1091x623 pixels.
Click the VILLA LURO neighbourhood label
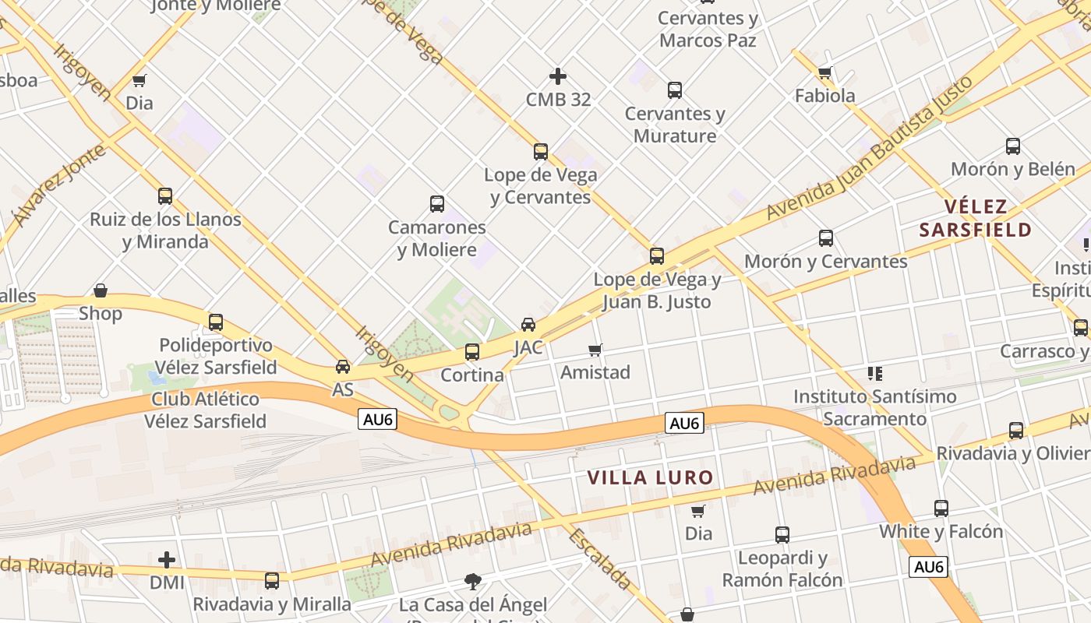coord(650,477)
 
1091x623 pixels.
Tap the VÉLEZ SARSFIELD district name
coord(976,218)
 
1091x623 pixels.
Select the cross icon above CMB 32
coord(558,76)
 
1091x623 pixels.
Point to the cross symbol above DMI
coord(167,560)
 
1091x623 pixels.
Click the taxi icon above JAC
coord(528,324)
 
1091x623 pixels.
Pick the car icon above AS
coord(342,366)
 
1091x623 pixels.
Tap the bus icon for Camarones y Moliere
coord(437,204)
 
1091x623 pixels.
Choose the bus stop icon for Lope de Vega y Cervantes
coord(541,151)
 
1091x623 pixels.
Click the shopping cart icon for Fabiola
coord(825,72)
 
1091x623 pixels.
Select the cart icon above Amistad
coord(595,350)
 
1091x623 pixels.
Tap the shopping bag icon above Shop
coord(101,290)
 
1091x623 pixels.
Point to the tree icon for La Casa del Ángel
coord(472,580)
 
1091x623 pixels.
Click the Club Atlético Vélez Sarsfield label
coord(206,410)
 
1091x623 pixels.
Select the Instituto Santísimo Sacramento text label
coord(874,407)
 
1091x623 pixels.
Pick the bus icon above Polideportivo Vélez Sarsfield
coord(216,322)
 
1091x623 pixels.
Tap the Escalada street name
coord(599,558)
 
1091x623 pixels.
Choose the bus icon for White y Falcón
coord(941,509)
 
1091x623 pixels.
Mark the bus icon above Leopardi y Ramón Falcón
coord(782,535)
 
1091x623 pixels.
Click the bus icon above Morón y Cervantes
coord(826,238)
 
